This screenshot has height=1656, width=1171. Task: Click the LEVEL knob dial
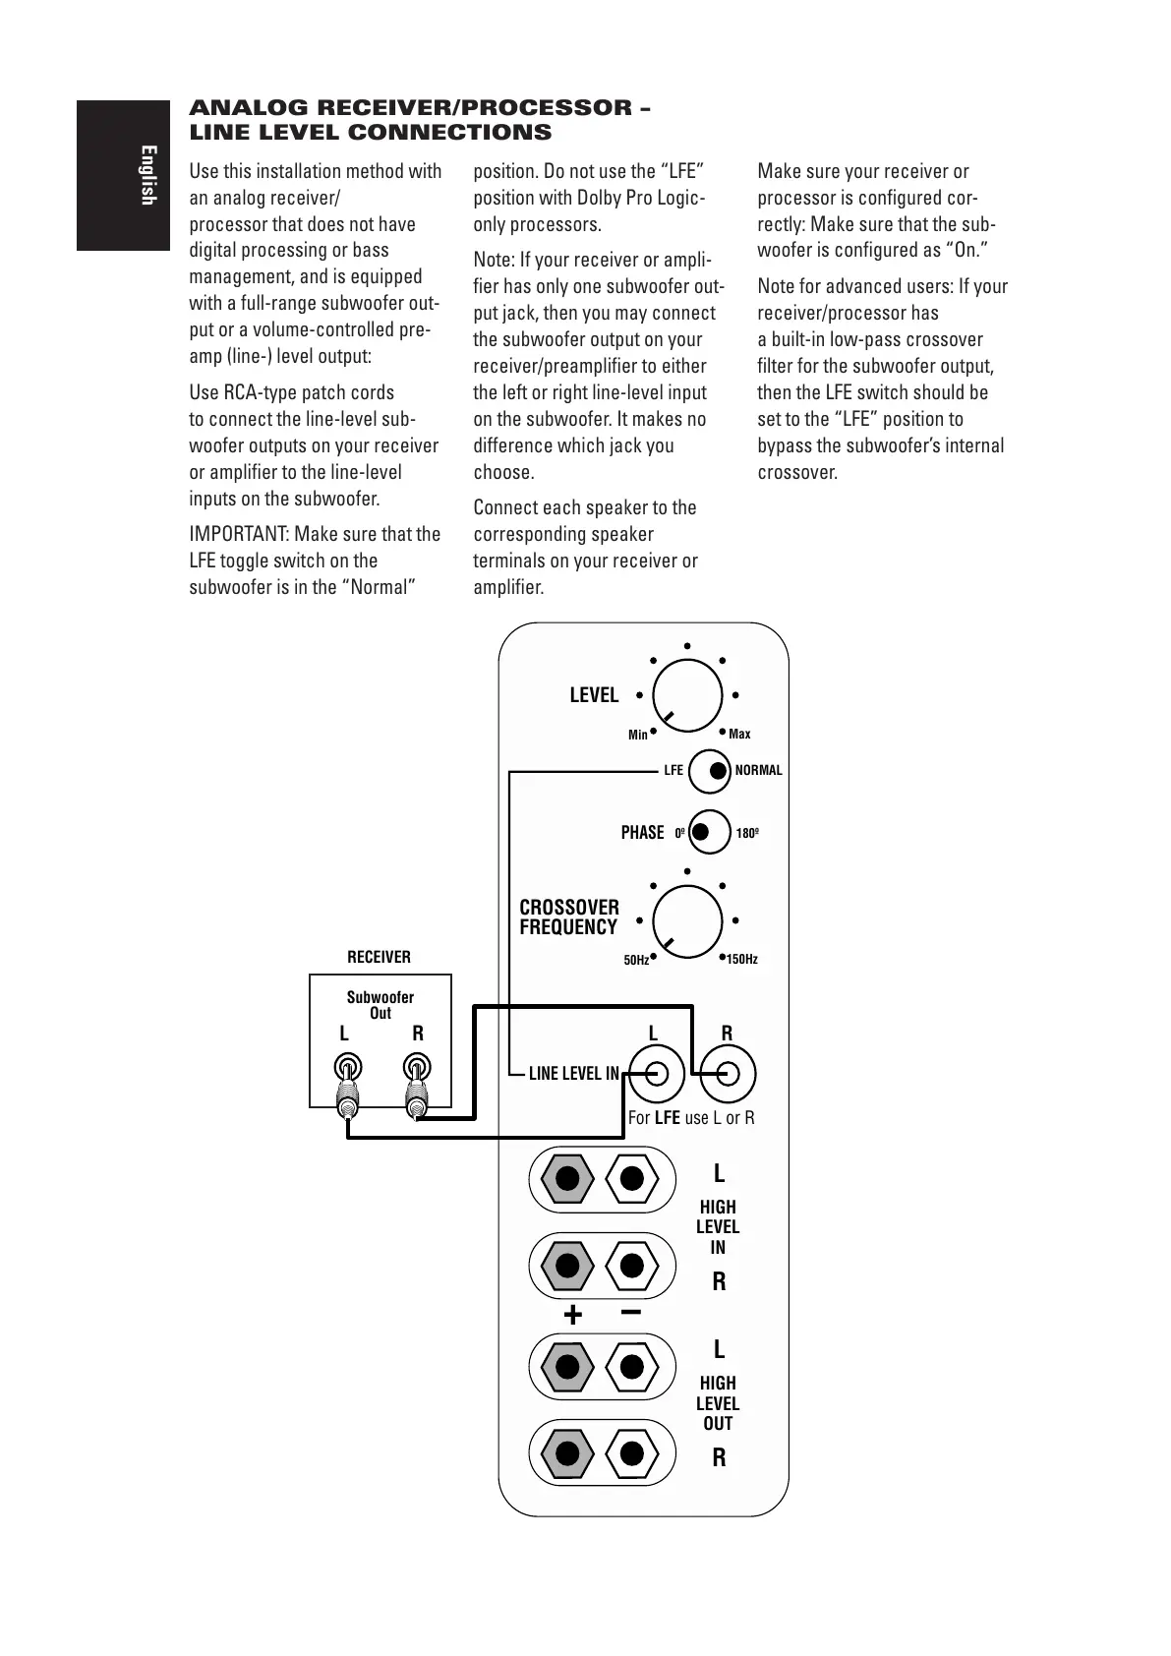click(x=687, y=695)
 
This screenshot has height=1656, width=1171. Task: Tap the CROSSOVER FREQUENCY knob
click(x=687, y=920)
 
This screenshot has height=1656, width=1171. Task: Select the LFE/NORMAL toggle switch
click(x=709, y=771)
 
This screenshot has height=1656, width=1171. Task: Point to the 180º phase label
click(x=747, y=833)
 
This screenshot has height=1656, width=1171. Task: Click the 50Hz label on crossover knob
click(x=636, y=960)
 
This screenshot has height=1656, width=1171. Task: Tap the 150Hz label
click(x=742, y=959)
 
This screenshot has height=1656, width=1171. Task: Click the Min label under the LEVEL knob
click(x=638, y=735)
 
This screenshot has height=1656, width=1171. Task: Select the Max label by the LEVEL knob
click(x=739, y=734)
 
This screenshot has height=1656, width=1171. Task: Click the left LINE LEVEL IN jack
click(x=656, y=1073)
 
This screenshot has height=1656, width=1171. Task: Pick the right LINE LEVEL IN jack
click(x=727, y=1073)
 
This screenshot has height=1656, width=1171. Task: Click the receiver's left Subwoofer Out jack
click(x=346, y=1067)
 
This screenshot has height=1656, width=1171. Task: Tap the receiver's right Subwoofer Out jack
click(x=417, y=1067)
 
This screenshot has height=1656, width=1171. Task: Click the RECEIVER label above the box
click(x=379, y=957)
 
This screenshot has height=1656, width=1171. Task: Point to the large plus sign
click(x=572, y=1315)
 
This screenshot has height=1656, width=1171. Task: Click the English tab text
click(x=147, y=175)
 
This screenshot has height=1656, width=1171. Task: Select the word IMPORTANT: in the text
click(x=238, y=534)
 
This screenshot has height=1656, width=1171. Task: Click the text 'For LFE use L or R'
click(x=691, y=1118)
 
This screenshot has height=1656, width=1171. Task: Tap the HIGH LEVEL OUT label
click(x=718, y=1403)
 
